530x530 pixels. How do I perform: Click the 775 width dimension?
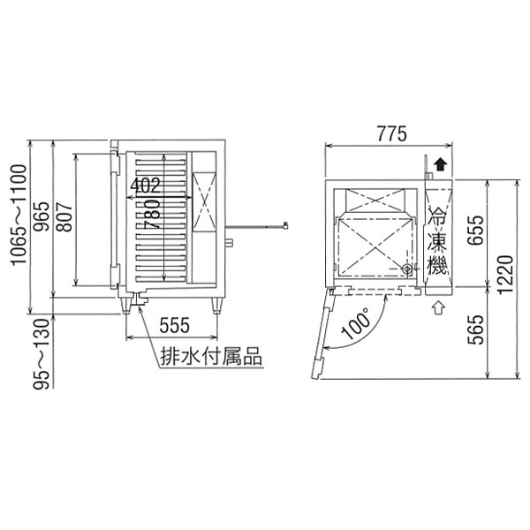pos(391,133)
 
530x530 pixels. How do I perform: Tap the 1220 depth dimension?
pos(506,275)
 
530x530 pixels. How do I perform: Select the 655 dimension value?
pos(475,231)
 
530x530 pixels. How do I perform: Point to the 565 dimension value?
pos(475,329)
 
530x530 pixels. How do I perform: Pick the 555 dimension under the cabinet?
pos(174,325)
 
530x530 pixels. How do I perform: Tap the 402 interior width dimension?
pos(145,185)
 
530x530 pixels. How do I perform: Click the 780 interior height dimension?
pos(152,214)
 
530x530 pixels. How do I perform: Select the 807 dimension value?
pos(64,216)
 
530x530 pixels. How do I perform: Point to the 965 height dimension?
pos(42,216)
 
